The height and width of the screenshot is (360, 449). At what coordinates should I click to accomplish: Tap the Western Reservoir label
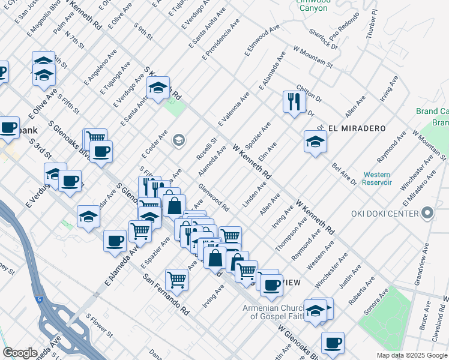tap(378, 179)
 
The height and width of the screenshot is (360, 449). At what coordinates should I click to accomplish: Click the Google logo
tap(20, 353)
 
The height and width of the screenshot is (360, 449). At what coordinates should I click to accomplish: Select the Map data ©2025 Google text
tap(411, 355)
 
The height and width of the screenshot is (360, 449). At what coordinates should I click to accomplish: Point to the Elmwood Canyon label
tap(313, 5)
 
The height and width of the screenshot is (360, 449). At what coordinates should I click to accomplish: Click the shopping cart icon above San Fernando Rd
tap(176, 278)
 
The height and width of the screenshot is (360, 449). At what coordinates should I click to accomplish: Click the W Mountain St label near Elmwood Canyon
tap(313, 56)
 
